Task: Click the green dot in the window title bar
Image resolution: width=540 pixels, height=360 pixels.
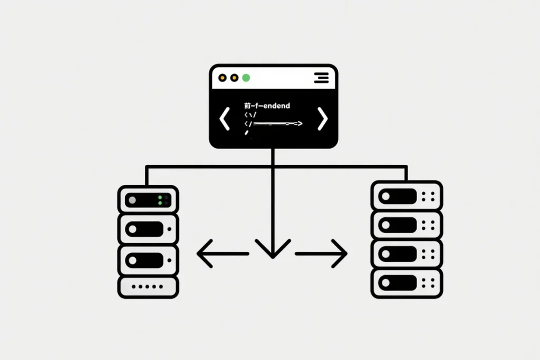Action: (x=246, y=78)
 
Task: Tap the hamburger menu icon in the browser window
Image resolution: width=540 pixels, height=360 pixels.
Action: (x=321, y=78)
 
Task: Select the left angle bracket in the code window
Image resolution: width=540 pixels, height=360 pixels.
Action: (x=225, y=119)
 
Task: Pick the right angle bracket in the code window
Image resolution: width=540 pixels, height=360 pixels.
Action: (x=322, y=119)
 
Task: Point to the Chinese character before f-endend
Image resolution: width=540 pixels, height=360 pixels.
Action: (x=248, y=106)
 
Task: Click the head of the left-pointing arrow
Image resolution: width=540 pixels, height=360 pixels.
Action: (x=202, y=254)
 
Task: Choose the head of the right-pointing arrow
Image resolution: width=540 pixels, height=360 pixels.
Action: (x=342, y=254)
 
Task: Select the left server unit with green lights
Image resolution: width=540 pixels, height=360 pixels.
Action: (x=148, y=200)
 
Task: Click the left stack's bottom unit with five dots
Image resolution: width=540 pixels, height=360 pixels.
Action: (x=148, y=287)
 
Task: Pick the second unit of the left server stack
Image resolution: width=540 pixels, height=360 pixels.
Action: (x=148, y=229)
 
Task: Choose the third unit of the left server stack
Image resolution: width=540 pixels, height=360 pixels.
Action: (x=148, y=259)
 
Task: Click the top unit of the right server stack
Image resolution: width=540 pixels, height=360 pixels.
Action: (x=407, y=196)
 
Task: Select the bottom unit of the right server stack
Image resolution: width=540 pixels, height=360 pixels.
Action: (x=407, y=283)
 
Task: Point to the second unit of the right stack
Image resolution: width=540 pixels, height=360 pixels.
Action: (x=407, y=225)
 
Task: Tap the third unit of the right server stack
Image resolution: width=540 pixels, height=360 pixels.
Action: (x=407, y=254)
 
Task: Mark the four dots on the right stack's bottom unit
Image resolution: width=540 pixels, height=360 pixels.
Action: (x=428, y=283)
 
